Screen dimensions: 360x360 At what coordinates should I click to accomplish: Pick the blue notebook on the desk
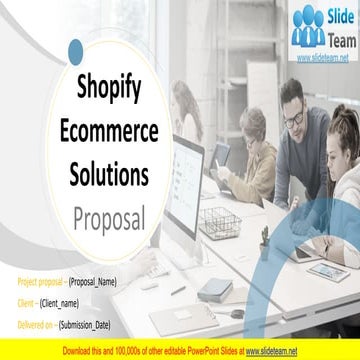[214, 289]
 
